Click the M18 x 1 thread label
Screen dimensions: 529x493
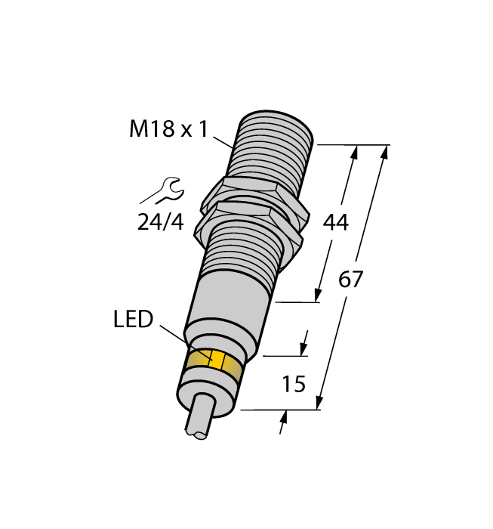coord(168,129)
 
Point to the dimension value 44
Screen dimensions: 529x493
coord(334,223)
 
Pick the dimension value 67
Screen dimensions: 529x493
coord(350,280)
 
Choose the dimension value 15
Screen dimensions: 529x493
coord(293,384)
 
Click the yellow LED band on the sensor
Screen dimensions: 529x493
coord(214,363)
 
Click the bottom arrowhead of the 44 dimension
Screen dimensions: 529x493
coord(318,295)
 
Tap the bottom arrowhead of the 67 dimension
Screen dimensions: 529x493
coord(321,404)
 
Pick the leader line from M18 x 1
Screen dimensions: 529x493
coord(223,141)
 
